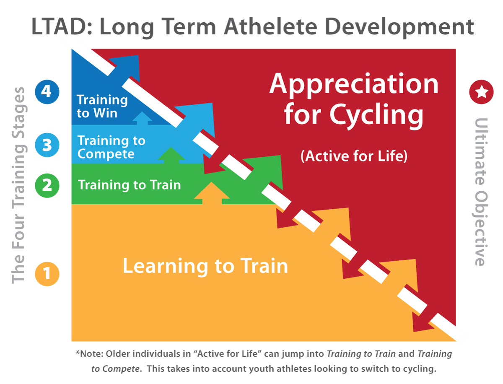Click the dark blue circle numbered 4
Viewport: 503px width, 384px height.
47,92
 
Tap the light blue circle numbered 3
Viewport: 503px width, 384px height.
47,145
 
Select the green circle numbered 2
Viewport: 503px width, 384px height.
47,185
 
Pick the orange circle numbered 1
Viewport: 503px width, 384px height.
47,274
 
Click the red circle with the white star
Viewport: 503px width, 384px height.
481,92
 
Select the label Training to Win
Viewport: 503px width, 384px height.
102,106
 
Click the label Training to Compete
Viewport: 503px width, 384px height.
111,147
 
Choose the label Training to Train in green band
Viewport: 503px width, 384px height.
130,185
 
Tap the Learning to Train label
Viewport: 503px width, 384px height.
205,266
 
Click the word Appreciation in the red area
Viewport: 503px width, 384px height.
354,84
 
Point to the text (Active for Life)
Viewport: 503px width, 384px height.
354,156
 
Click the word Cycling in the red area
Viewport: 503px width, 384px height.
376,116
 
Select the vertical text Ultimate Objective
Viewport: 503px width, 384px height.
481,192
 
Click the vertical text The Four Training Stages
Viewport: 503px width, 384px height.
18,185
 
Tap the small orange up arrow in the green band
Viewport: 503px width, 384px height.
212,193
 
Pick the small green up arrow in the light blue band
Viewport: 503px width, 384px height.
171,155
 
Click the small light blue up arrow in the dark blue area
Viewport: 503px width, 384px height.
142,118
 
